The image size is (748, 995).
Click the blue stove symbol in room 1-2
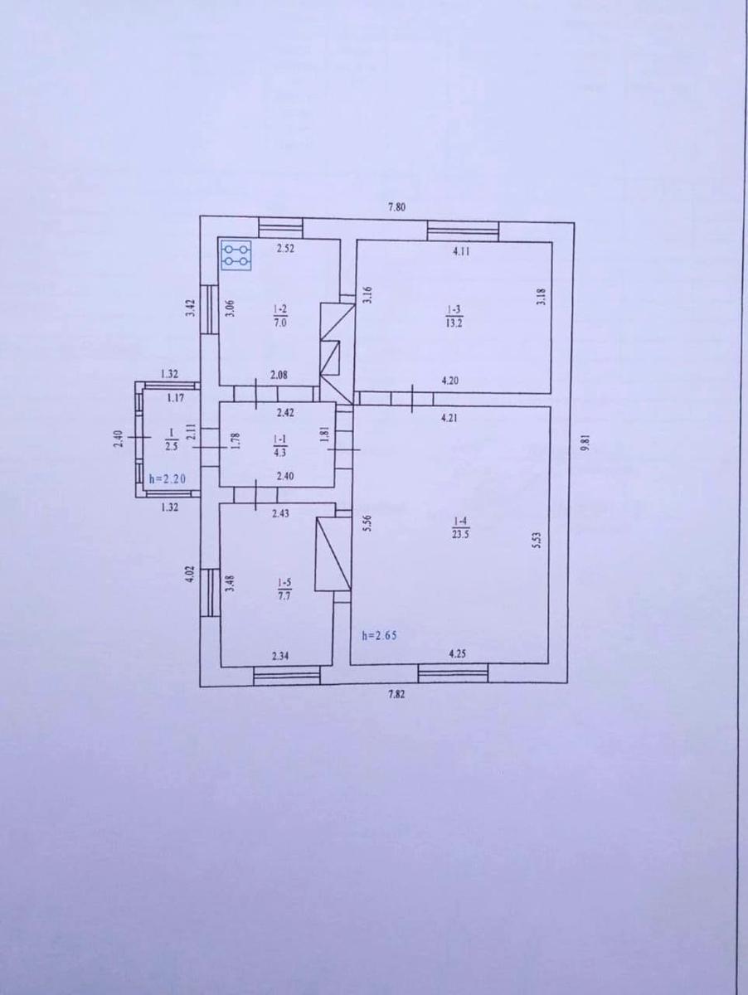237,255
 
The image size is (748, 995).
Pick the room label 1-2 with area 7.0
279,317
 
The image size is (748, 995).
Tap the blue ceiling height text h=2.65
379,636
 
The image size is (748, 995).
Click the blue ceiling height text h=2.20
165,478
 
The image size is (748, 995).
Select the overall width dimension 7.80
396,207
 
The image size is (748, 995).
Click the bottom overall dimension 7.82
397,696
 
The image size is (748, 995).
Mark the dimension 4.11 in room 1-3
462,252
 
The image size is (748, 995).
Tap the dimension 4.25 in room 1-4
458,653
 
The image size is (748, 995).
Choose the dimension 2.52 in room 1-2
286,247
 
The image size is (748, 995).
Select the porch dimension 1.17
175,399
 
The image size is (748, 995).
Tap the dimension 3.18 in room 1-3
540,296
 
